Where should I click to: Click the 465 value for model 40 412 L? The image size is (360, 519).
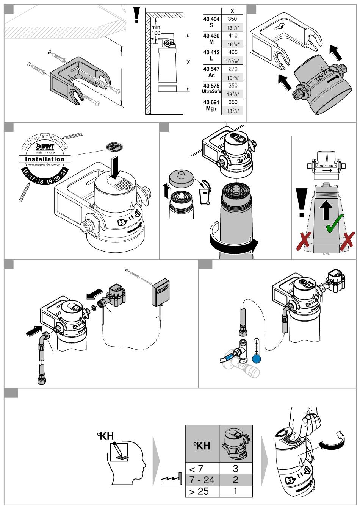click(x=233, y=52)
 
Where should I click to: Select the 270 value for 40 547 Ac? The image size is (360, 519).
click(x=233, y=69)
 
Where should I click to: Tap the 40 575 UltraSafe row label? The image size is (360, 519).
click(x=211, y=89)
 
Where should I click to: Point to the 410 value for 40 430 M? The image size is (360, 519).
click(x=233, y=36)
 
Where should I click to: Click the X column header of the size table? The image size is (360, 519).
click(x=232, y=11)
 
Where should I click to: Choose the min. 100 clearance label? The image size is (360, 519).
click(x=156, y=30)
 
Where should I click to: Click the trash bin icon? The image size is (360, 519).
click(x=205, y=192)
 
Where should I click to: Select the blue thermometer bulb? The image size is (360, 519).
click(x=257, y=359)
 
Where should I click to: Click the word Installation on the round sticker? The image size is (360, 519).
click(x=45, y=159)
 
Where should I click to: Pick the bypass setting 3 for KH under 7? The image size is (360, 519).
click(x=235, y=469)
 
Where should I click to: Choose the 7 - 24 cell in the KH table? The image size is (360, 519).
click(x=202, y=480)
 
